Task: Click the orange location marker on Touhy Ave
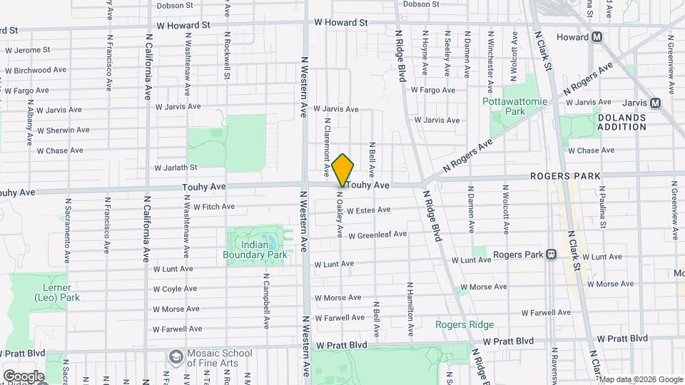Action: click(343, 170)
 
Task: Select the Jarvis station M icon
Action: click(655, 103)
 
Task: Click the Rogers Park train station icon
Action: click(551, 255)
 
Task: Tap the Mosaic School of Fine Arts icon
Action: click(175, 356)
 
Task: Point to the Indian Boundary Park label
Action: click(255, 250)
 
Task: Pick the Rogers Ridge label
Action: click(465, 324)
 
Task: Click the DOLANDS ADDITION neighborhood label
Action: click(621, 122)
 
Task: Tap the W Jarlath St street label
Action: click(176, 168)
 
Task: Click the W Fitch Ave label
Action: click(208, 207)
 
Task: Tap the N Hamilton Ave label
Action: click(410, 309)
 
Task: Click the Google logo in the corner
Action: click(24, 376)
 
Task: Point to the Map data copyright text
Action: click(640, 379)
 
